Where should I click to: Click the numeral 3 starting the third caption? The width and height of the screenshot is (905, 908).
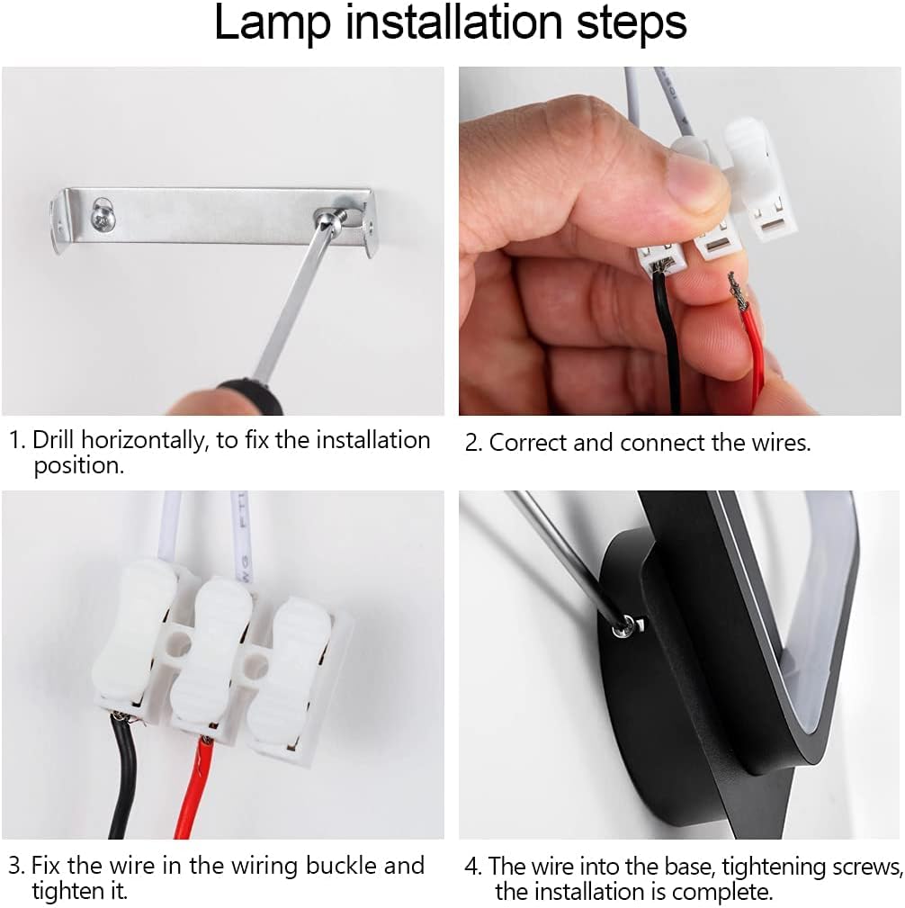coord(15,867)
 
